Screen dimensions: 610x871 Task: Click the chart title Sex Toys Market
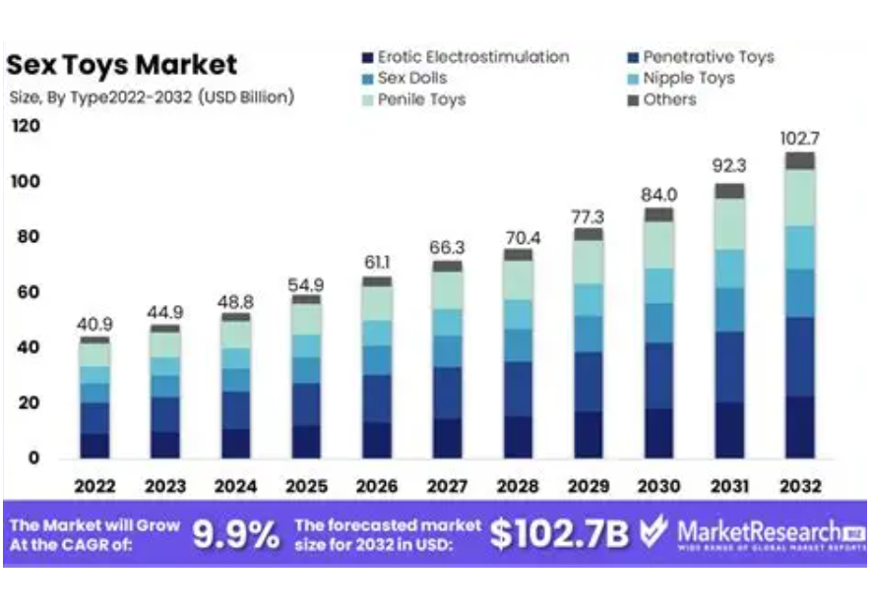tap(122, 66)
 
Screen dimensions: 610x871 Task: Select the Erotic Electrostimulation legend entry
tap(472, 57)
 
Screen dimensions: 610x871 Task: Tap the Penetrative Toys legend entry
tap(708, 57)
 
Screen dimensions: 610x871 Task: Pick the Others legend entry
tap(668, 99)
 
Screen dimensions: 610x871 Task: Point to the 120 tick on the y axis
tap(27, 126)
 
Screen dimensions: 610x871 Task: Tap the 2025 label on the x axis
tap(306, 486)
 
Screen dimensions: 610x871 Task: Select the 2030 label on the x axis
tap(658, 486)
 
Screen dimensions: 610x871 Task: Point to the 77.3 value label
tap(589, 215)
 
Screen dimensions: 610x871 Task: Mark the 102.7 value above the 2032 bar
tap(800, 138)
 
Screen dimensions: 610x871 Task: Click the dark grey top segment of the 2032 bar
tap(800, 161)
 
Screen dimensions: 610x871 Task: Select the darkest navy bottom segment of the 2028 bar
tap(518, 437)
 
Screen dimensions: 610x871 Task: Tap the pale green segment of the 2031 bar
tap(729, 224)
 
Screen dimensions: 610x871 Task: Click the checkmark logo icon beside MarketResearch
tap(653, 533)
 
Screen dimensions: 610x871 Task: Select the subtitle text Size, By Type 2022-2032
tap(151, 96)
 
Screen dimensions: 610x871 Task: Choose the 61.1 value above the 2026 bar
tap(377, 263)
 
